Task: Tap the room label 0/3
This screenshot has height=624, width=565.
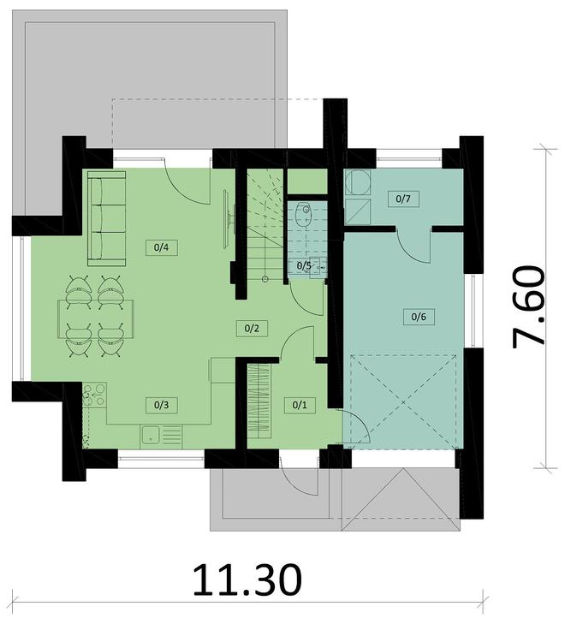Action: tap(160, 401)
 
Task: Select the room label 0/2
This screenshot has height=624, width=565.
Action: tap(251, 326)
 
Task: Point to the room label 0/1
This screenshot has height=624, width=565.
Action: tap(299, 404)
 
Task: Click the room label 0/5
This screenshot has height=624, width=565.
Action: tap(304, 266)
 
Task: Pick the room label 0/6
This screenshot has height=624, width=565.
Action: tap(419, 318)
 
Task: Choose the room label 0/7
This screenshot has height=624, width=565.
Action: tap(404, 199)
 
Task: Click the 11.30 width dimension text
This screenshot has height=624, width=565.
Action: tap(247, 580)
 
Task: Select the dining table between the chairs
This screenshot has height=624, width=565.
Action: tap(92, 317)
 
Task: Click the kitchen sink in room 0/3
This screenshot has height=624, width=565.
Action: tap(150, 435)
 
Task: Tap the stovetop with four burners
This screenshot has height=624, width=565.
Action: tap(94, 395)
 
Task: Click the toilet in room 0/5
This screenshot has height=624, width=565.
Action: tap(302, 216)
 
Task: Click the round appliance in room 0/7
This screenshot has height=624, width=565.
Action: tap(356, 181)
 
